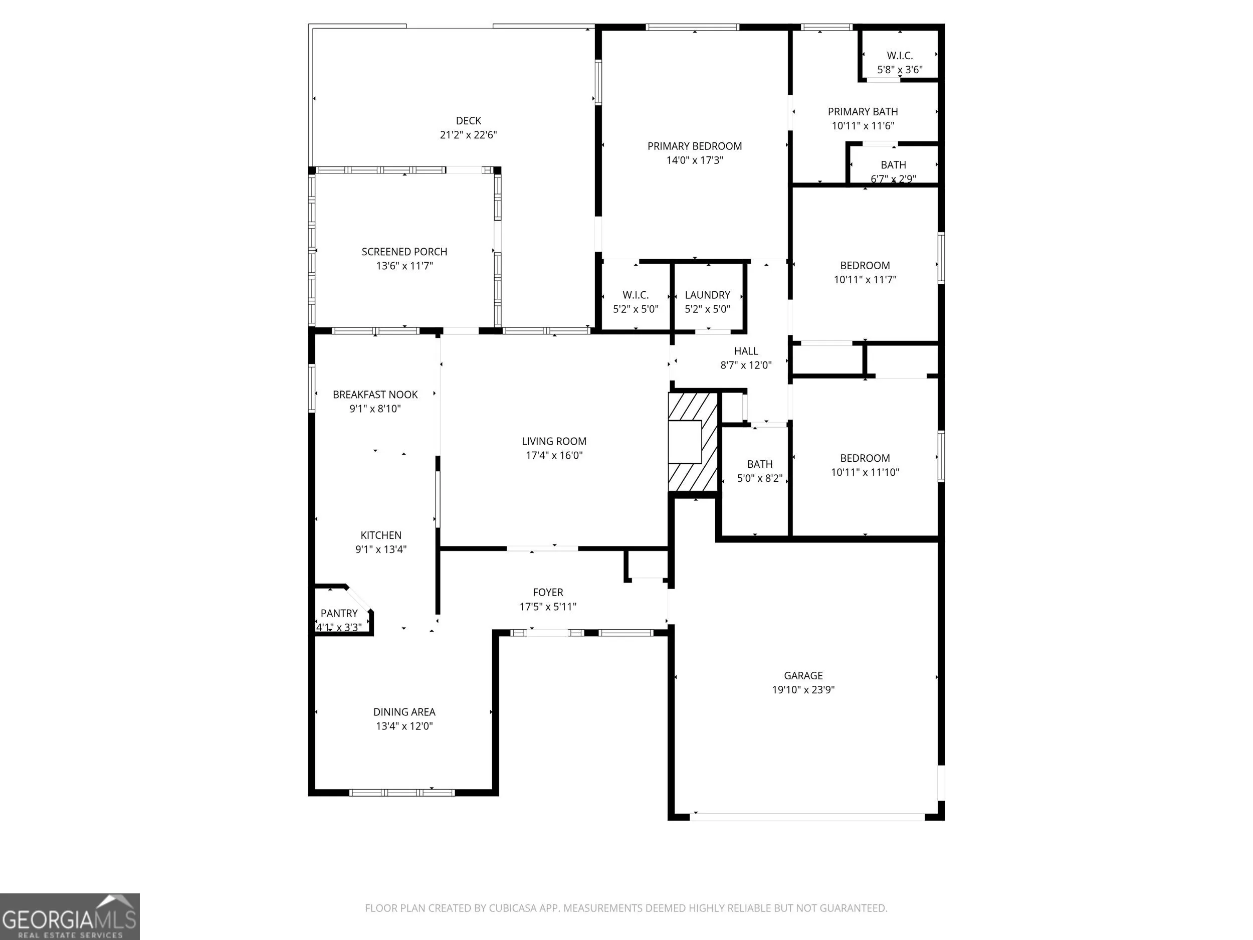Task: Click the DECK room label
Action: click(469, 121)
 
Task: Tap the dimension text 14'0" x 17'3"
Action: click(695, 160)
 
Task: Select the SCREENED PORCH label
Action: click(404, 252)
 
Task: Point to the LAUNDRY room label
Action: click(708, 295)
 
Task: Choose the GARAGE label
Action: click(803, 675)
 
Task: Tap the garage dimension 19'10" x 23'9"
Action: click(803, 689)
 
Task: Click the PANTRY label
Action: click(339, 613)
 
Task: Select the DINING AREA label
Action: click(404, 712)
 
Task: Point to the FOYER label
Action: click(548, 592)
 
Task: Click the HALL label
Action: click(746, 351)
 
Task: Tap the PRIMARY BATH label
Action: click(863, 112)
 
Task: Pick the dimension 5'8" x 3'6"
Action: click(900, 70)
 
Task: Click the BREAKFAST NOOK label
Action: click(375, 395)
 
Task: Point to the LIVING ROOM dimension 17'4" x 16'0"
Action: click(554, 456)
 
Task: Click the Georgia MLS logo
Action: click(70, 916)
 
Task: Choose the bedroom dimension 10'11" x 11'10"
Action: click(865, 473)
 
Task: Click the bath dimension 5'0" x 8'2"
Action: click(760, 478)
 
